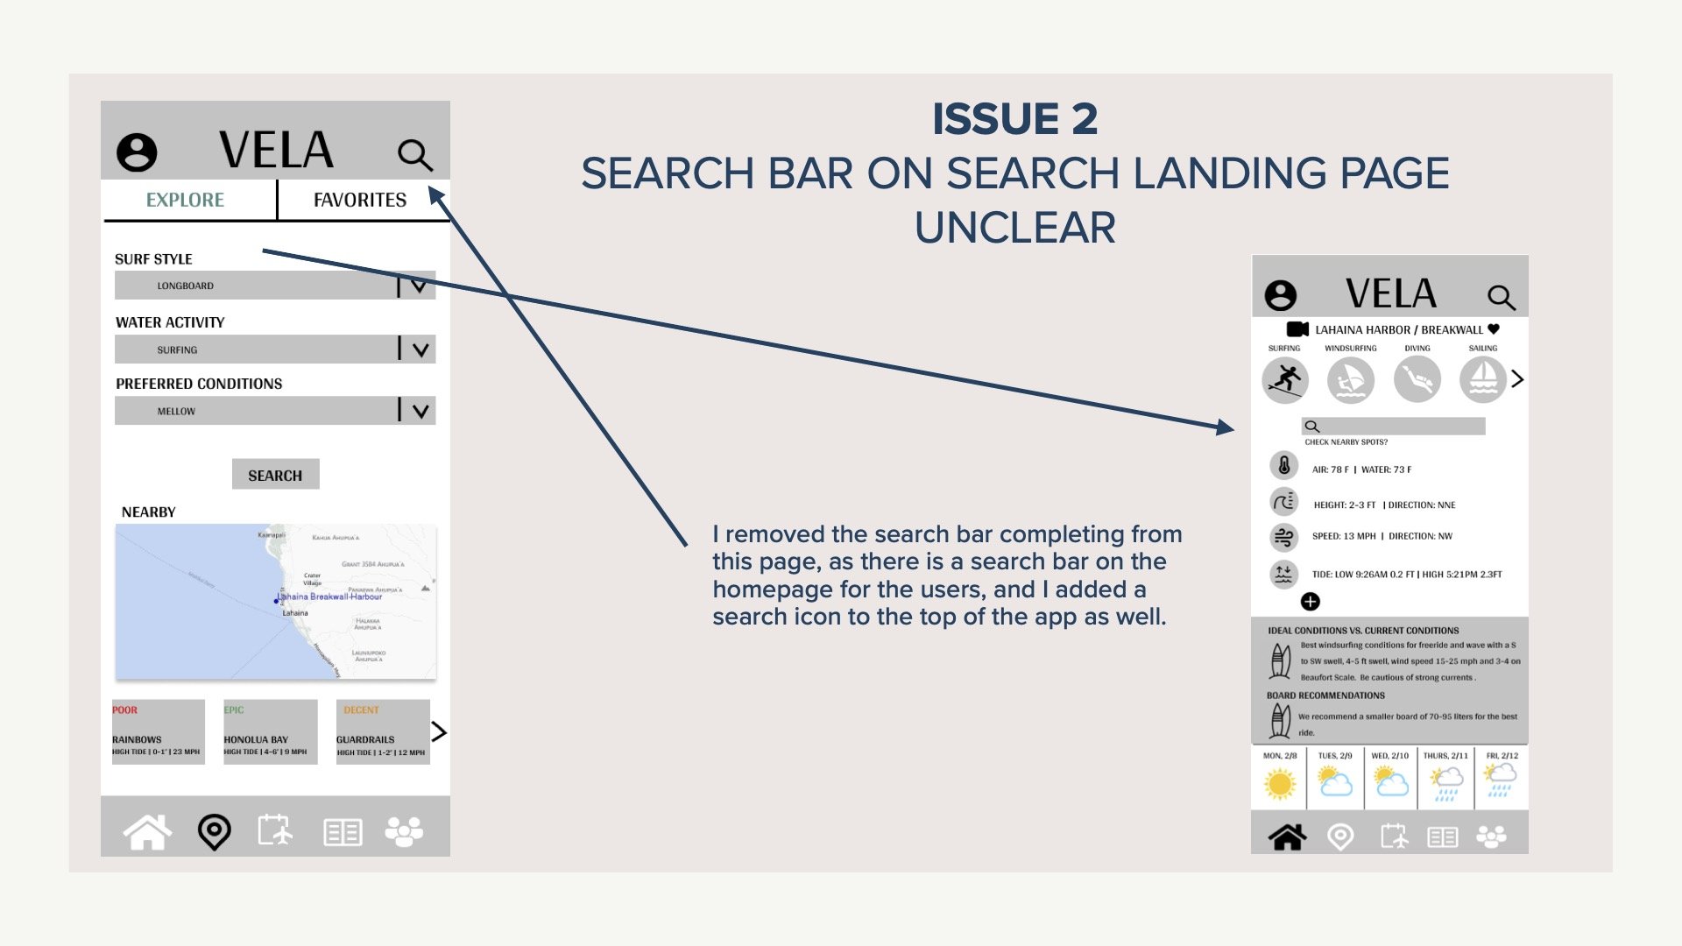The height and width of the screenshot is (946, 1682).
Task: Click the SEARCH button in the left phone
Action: coord(275,475)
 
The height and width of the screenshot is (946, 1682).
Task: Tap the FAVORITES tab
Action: coord(360,201)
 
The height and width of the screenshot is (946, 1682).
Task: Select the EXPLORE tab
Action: coord(185,201)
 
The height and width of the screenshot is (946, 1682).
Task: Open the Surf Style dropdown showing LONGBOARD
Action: coord(275,286)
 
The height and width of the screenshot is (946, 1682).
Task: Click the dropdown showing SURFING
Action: coord(275,349)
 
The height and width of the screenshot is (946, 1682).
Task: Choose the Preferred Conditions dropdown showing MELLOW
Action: coord(275,411)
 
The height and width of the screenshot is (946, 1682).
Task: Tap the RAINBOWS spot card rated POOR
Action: coord(158,732)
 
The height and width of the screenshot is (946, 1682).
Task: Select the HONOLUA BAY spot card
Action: coord(270,732)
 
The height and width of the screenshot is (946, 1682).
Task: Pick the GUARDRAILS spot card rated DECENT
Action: coord(383,732)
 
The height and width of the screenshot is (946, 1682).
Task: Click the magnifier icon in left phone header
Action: coord(414,155)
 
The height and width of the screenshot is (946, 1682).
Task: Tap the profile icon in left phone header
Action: coord(137,152)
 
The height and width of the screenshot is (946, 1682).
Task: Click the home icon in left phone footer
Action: coord(147,832)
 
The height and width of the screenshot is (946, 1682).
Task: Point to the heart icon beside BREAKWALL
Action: coord(1494,329)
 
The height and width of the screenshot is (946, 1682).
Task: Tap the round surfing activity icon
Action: coord(1285,380)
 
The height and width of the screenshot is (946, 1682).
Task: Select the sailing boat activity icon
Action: coord(1482,380)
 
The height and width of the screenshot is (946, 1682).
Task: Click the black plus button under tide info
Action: coord(1311,602)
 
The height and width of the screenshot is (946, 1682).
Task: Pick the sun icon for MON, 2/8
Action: coord(1280,783)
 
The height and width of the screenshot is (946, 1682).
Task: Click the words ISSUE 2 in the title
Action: coord(1014,119)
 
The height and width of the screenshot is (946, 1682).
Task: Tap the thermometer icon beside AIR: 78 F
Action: coord(1284,465)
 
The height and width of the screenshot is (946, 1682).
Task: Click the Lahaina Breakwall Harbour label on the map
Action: coord(329,597)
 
